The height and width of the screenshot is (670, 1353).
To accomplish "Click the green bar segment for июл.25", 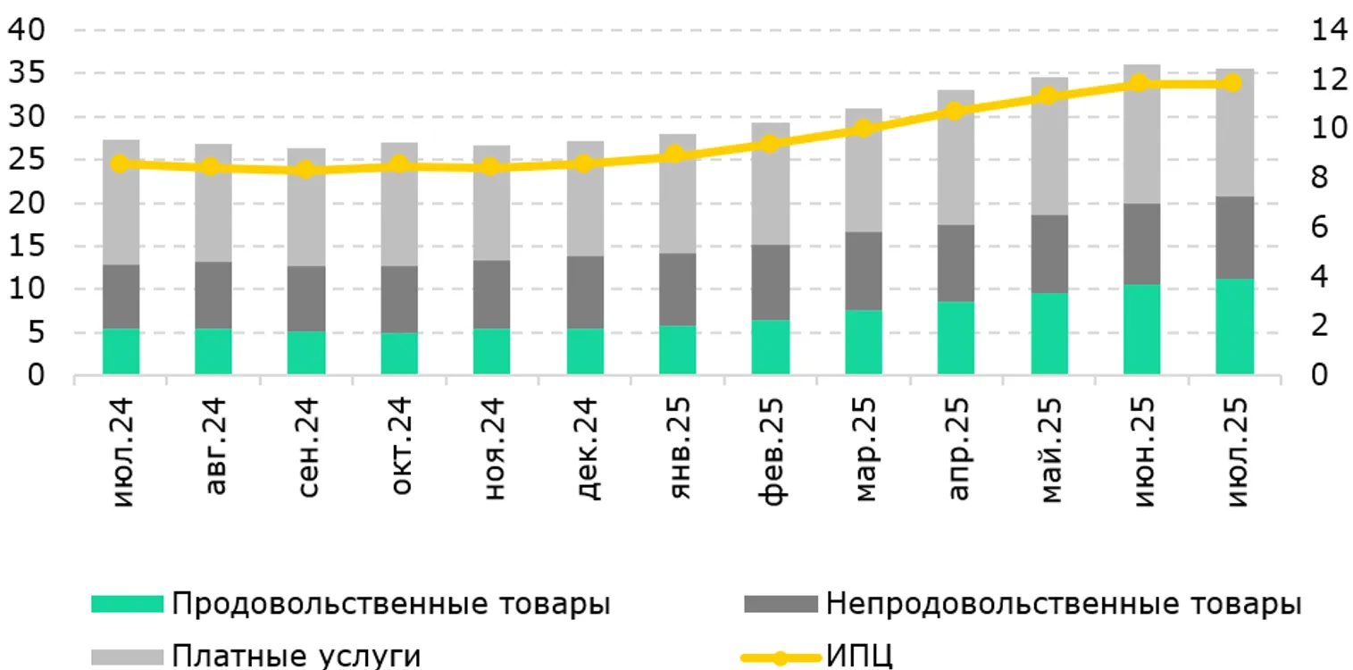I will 1235,326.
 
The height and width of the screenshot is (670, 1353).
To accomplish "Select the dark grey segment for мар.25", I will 864,271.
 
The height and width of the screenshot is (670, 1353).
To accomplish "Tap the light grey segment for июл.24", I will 121,202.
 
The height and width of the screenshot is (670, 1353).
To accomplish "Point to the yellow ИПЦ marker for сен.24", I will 306,169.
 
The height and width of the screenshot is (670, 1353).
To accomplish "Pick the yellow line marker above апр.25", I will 955,111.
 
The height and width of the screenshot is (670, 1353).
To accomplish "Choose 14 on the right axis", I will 1328,30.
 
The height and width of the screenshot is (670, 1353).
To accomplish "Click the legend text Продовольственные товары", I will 391,604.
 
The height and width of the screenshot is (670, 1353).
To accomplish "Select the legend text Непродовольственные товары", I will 1064,604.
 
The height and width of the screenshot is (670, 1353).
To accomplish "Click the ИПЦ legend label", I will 859,656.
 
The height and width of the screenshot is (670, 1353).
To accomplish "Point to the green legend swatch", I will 128,605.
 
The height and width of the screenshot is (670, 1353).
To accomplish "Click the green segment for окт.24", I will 399,353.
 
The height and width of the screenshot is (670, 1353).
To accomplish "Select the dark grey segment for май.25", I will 1049,254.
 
